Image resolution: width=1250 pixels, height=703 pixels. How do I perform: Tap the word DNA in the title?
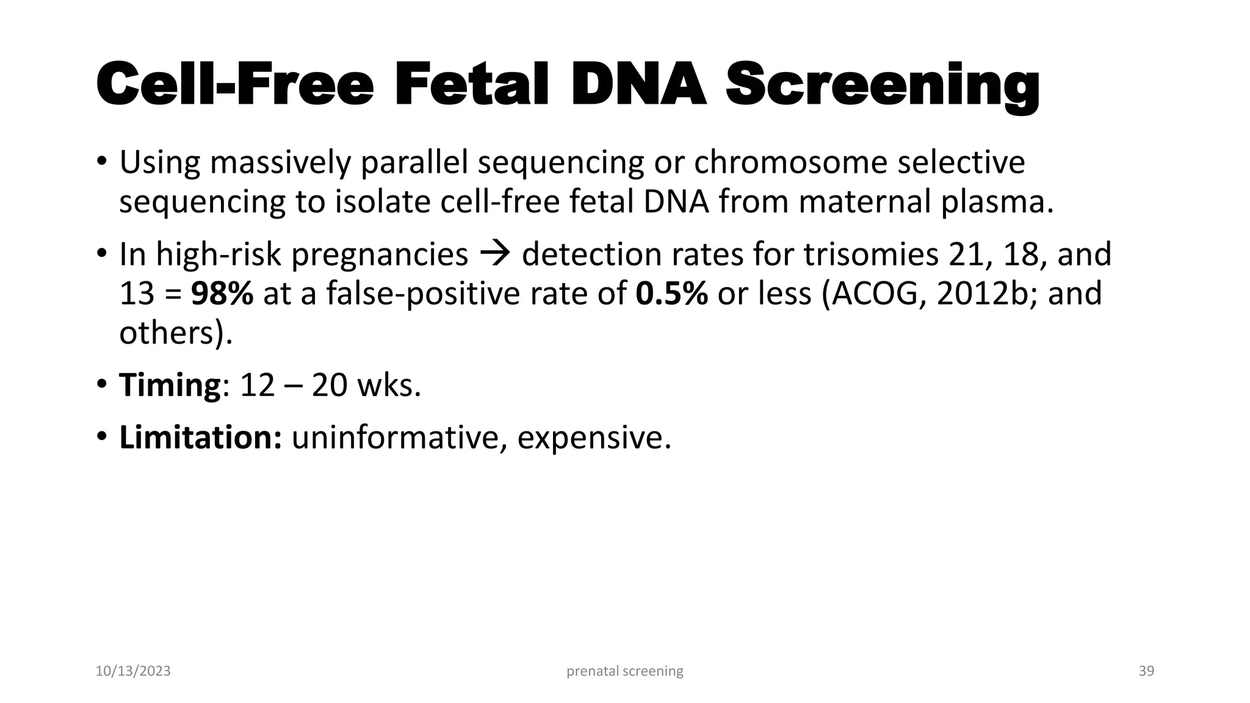(x=638, y=84)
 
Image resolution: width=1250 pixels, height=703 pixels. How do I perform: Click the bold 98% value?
(x=222, y=294)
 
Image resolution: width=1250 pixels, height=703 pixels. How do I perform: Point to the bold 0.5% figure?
(x=671, y=294)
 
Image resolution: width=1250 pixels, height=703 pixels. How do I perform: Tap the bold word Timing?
(x=170, y=386)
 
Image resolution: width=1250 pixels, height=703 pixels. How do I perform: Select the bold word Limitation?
(x=200, y=438)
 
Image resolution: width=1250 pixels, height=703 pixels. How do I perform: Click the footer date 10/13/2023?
(x=133, y=671)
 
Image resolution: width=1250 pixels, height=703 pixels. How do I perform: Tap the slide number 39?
(x=1146, y=671)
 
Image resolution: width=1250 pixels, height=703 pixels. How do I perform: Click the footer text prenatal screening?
(x=624, y=671)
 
